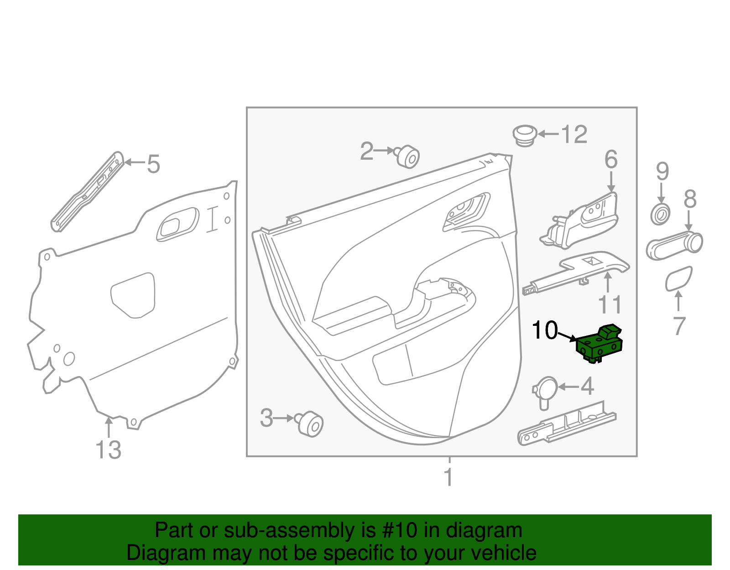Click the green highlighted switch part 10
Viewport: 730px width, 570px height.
(x=599, y=345)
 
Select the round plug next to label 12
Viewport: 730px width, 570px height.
(x=525, y=135)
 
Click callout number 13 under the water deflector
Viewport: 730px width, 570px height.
(x=109, y=450)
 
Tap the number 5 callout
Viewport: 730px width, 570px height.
(x=154, y=164)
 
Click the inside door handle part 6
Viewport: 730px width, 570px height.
(x=584, y=221)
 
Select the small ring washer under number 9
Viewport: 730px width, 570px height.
(x=660, y=214)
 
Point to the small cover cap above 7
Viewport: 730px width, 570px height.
(x=678, y=279)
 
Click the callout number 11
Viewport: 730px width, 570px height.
(x=610, y=305)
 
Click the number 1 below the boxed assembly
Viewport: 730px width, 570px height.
(x=448, y=477)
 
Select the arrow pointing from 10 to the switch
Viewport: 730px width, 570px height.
(x=568, y=337)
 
